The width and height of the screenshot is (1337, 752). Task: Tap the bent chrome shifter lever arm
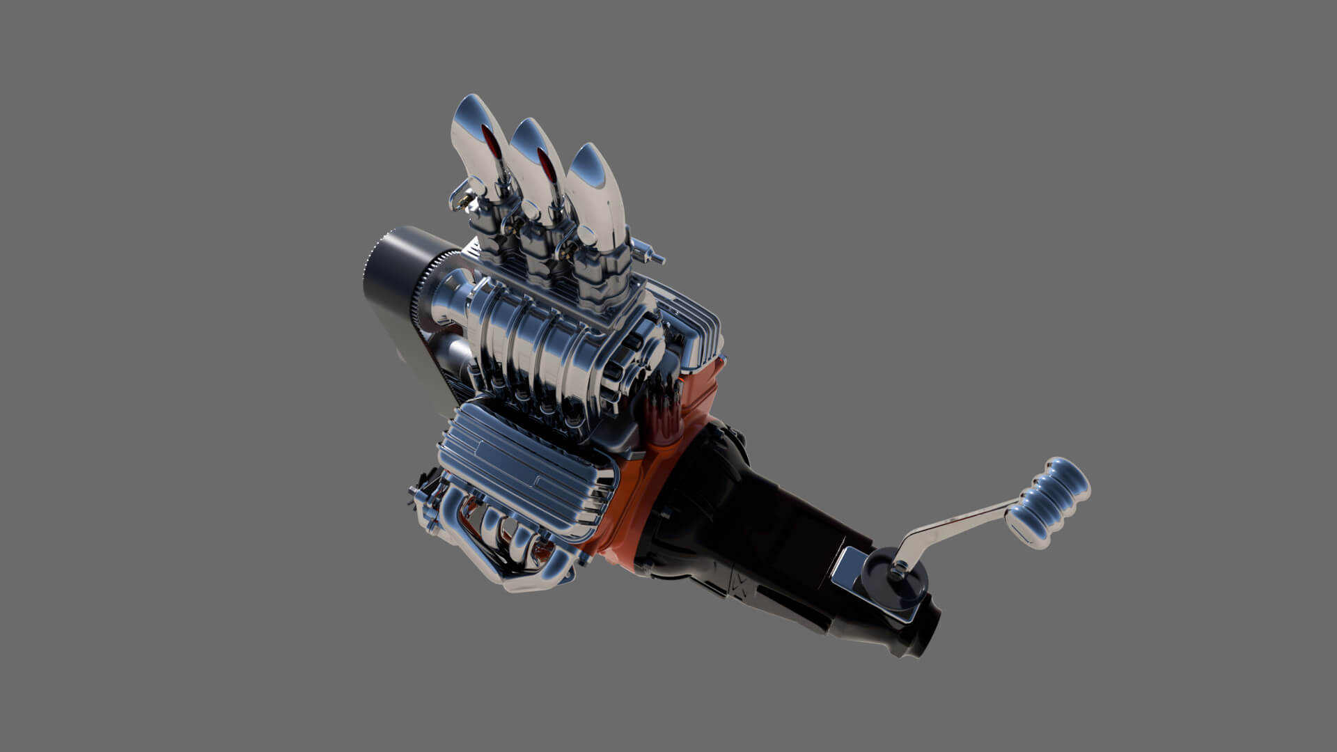click(x=954, y=526)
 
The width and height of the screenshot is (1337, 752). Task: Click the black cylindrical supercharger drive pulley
click(x=390, y=279)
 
